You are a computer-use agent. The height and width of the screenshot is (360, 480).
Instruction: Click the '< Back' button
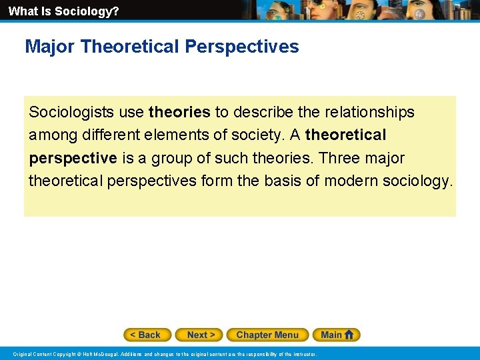147,335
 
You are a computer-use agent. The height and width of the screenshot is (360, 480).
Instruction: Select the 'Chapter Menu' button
267,335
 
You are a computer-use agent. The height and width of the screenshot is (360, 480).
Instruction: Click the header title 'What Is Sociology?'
63,11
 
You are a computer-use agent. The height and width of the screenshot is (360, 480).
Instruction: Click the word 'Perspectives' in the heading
242,47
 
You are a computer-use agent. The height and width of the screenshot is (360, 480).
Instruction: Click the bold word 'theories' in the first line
179,112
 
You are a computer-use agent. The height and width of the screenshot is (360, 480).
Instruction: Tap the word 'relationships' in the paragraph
371,112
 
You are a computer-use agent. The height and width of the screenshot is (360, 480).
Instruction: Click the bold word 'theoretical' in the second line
345,135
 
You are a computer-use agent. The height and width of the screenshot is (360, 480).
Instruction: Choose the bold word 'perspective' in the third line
73,159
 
